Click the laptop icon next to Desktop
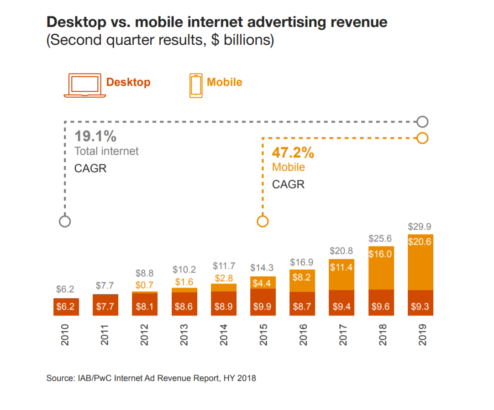tap(85, 85)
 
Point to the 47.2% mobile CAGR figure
tap(293, 152)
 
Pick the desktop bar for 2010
tap(65, 307)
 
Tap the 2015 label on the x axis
tap(263, 335)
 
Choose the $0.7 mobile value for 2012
tap(144, 285)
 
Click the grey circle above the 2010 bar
tap(65, 221)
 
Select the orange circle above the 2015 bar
tap(263, 221)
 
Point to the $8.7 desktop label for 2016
tap(302, 307)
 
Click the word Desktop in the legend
tap(128, 82)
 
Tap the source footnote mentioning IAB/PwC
tap(151, 378)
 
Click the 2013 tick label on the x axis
tap(184, 335)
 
